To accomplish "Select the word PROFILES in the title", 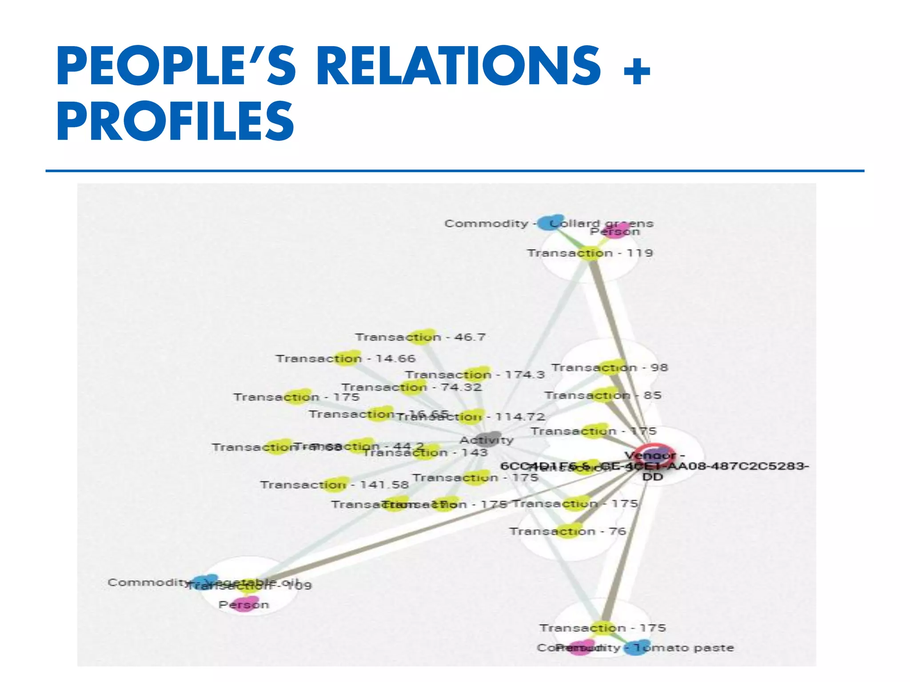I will [175, 121].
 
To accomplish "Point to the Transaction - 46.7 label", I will [420, 337].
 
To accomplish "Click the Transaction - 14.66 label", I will [345, 359].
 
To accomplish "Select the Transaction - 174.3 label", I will [475, 375].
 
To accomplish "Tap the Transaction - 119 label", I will [590, 253].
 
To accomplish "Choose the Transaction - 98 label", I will [609, 368].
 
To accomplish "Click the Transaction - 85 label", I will [603, 395].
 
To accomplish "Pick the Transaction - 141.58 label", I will [334, 484].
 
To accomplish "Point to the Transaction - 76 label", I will [567, 531].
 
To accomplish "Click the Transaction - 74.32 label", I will [411, 387].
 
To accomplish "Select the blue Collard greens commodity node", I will [550, 222].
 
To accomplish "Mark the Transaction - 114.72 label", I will [470, 417].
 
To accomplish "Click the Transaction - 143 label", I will [425, 452].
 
